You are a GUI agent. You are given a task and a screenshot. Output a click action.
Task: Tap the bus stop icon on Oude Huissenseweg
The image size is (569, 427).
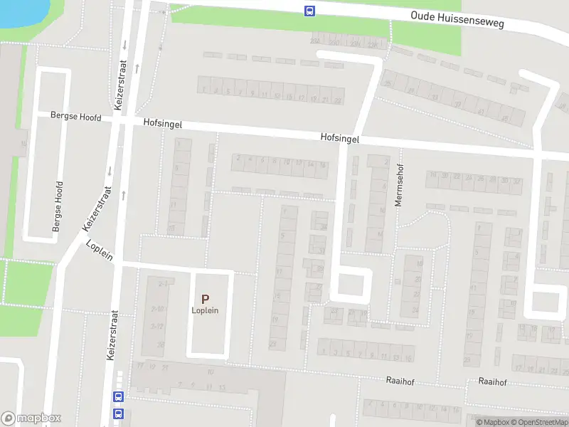310,11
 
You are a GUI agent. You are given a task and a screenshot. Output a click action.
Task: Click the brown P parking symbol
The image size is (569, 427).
205,300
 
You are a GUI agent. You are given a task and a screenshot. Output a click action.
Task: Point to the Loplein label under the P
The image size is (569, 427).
205,310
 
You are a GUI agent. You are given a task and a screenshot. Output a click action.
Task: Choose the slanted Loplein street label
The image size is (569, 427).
100,252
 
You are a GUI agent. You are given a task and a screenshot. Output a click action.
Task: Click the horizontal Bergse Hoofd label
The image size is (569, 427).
75,117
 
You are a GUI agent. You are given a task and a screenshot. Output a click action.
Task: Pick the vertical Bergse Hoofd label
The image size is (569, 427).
58,206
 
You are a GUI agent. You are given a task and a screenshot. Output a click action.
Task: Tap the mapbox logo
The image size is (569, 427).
31,418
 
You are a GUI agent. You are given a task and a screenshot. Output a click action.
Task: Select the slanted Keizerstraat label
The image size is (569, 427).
97,208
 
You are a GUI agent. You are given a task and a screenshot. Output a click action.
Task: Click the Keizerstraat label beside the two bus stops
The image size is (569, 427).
112,336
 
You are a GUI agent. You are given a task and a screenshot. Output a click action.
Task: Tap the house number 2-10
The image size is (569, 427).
157,309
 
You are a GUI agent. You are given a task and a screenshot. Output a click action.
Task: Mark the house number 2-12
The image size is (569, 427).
157,326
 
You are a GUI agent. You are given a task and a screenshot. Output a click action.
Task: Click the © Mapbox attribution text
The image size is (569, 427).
495,422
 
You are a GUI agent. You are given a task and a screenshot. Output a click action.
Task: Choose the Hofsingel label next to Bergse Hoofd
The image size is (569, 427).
162,124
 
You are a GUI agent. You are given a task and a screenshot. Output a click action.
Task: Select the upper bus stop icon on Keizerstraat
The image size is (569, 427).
118,397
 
